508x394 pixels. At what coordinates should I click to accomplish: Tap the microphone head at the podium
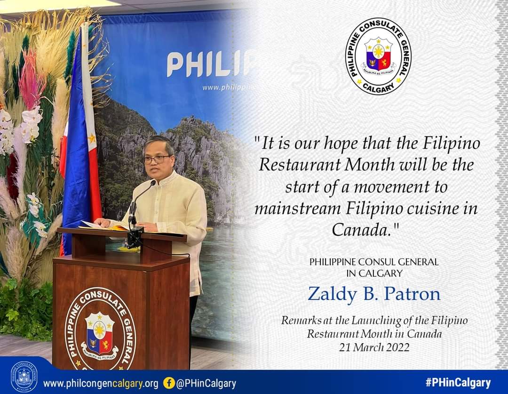(x=152, y=184)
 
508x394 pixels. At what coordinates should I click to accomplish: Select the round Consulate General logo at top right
(x=378, y=56)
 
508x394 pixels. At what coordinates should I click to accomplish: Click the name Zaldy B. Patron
(x=374, y=294)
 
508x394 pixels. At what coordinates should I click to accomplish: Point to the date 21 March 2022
(x=374, y=347)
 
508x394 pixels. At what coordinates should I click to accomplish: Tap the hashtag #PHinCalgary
(x=458, y=383)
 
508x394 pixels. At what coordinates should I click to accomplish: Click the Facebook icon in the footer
(x=169, y=383)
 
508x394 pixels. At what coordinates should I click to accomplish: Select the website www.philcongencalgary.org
(x=101, y=384)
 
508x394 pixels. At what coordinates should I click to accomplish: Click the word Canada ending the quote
(x=360, y=230)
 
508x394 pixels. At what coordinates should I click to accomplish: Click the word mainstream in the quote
(x=297, y=209)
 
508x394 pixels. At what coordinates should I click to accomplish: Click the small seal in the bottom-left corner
(x=24, y=377)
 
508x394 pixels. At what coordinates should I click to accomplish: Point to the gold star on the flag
(x=92, y=138)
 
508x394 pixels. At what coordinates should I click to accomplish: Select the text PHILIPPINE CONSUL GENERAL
(x=374, y=262)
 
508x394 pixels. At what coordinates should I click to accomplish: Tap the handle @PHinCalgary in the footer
(x=206, y=384)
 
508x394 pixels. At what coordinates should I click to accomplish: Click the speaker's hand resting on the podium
(x=103, y=222)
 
